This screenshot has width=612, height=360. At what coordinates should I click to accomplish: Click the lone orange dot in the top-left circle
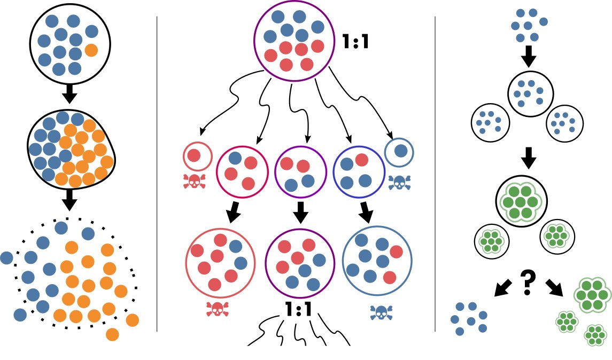(91, 51)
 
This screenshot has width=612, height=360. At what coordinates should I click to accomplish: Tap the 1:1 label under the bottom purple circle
(298, 309)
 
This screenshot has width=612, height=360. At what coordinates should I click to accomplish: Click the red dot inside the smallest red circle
(194, 155)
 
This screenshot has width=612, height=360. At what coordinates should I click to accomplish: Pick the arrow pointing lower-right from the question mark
(554, 287)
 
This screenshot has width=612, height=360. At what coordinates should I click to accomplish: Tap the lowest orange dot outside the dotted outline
(112, 334)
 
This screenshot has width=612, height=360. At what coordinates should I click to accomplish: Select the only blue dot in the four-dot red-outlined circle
(235, 158)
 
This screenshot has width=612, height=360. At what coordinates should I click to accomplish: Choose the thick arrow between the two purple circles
(300, 212)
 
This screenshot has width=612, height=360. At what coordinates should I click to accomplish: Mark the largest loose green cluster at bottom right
(591, 293)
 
